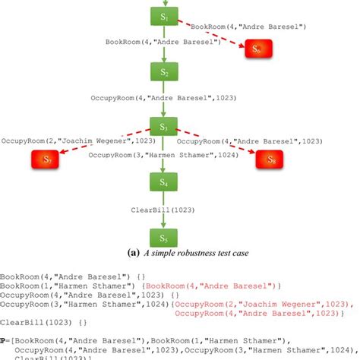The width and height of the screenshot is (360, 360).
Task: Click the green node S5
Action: tap(164, 236)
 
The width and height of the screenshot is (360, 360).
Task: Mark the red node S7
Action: tap(46, 159)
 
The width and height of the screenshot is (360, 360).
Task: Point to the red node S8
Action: tap(270, 159)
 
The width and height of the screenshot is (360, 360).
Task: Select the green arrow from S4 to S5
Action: tap(164, 216)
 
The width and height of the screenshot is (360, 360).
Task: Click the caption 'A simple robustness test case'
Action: tap(186, 256)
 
